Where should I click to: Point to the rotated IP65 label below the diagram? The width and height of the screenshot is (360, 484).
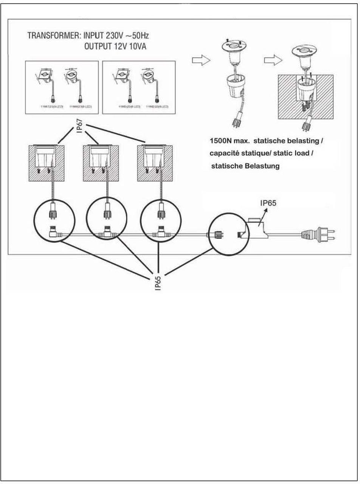click(x=158, y=283)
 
